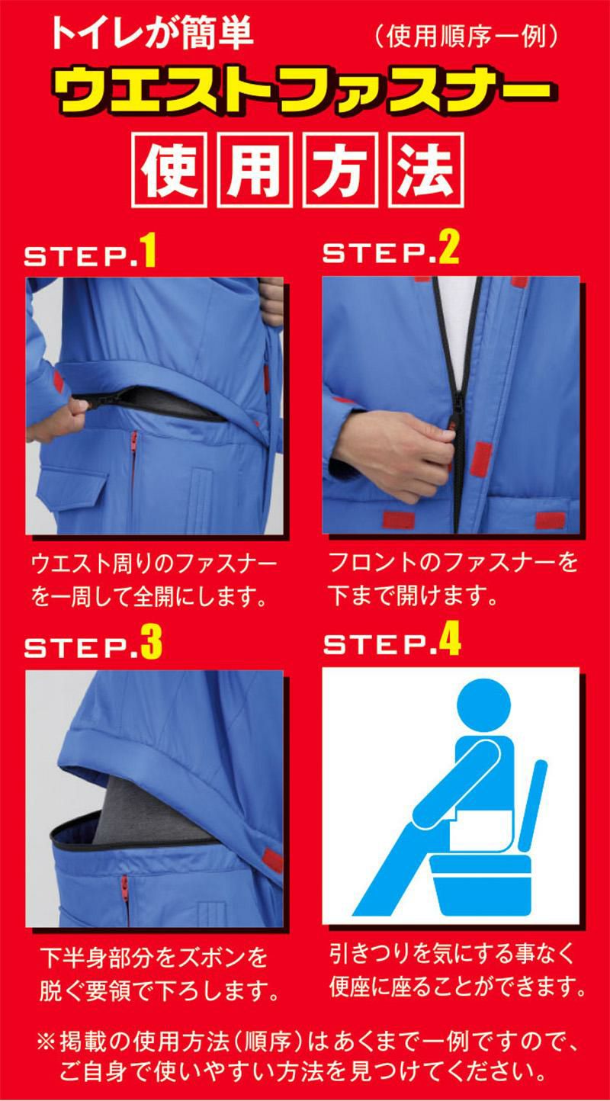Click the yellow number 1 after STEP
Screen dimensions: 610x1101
pos(149,250)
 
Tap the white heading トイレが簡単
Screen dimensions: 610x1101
pos(152,33)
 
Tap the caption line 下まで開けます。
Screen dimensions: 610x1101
pos(412,595)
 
